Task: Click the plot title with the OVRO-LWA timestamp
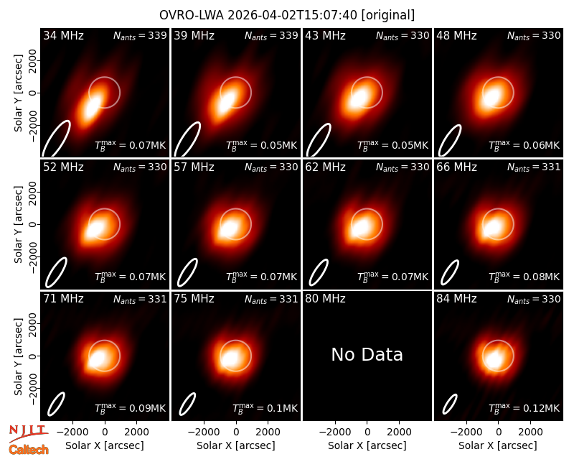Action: tap(287, 15)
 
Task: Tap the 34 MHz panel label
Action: tap(63, 35)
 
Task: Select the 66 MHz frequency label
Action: tap(456, 167)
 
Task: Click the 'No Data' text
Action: tap(367, 354)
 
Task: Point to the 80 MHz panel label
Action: tap(325, 299)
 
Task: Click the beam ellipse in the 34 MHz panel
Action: tap(56, 139)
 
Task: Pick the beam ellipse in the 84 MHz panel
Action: tap(450, 404)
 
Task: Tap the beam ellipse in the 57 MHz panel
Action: tap(187, 272)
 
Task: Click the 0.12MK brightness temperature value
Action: tap(524, 407)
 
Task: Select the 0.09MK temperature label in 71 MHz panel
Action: tap(131, 407)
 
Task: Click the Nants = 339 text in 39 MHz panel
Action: tap(271, 35)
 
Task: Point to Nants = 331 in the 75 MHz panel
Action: tap(271, 299)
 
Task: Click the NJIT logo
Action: tap(28, 433)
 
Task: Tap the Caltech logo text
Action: tap(29, 450)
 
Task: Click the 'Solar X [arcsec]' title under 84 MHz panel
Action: tap(498, 445)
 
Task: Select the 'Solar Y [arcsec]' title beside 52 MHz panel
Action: tap(19, 224)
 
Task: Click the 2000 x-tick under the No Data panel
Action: tap(399, 433)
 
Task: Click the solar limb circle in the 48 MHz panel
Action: tap(514, 93)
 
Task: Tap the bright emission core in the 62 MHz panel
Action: tap(361, 227)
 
